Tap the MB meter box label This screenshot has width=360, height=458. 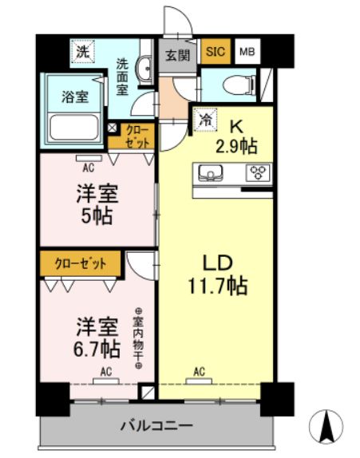(x=247, y=52)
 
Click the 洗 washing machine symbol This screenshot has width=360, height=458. (x=82, y=52)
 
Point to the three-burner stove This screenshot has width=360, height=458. (x=259, y=172)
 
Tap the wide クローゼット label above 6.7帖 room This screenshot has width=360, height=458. (x=79, y=262)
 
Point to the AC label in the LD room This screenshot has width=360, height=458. (x=200, y=370)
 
